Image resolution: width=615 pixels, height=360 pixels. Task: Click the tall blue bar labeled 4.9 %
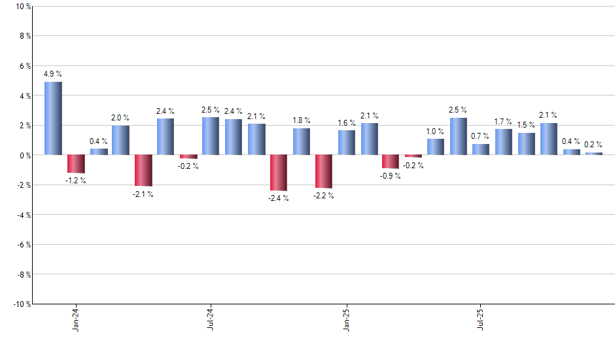[54, 118]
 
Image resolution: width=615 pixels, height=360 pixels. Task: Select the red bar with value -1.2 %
[76, 164]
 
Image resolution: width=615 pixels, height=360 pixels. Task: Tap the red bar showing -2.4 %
[279, 173]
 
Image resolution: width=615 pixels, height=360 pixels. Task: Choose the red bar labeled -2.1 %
[143, 170]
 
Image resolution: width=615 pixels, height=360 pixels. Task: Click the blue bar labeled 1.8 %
[302, 141]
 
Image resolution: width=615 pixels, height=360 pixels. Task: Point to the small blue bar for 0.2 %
[594, 153]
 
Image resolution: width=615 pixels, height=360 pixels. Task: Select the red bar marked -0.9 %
[391, 162]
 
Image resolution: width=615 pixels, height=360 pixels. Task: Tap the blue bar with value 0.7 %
[481, 149]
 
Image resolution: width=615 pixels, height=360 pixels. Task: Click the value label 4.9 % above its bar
[53, 74]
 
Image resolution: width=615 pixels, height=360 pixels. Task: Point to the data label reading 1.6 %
[347, 123]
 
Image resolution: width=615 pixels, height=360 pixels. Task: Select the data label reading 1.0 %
[435, 132]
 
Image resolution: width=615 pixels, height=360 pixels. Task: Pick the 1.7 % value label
[504, 122]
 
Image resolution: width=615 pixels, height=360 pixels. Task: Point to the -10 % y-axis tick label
[21, 304]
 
